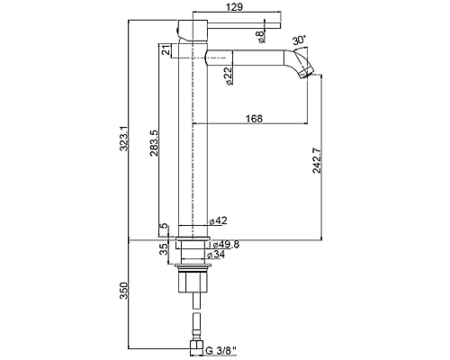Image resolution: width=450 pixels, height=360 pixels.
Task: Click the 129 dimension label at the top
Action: point(235,7)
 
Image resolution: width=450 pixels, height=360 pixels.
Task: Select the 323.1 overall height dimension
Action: point(124,139)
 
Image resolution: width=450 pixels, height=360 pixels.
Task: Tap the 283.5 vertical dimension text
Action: point(154,143)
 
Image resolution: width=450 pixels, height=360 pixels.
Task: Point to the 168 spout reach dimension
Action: point(254,119)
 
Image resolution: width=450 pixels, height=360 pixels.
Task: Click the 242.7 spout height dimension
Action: point(317,161)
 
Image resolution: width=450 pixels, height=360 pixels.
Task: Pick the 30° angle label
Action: point(299,40)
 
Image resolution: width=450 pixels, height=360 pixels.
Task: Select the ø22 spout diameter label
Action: point(229,76)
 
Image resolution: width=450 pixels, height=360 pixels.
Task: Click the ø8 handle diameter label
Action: point(260,36)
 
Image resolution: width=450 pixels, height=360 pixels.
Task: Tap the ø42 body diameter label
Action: point(219,220)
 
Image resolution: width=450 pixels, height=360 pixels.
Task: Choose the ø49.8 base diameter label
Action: point(226,244)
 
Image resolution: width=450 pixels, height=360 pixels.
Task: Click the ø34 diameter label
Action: point(216,255)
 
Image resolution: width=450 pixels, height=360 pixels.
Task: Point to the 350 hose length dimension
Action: point(124,291)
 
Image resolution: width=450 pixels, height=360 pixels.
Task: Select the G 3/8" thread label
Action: point(221,350)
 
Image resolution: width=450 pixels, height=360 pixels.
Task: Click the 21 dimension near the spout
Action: point(166,50)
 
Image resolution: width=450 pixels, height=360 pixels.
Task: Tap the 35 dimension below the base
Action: point(164,249)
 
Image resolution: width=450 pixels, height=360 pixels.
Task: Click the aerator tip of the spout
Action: point(306,73)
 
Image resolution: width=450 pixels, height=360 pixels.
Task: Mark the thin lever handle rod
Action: point(244,25)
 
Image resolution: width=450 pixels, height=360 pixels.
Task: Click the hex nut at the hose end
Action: point(197,348)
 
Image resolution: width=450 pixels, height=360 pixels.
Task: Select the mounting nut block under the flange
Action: point(193,282)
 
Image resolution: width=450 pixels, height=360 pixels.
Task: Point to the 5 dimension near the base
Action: point(164,226)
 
